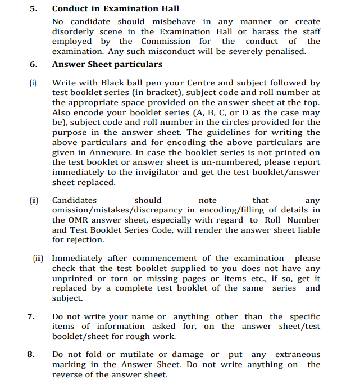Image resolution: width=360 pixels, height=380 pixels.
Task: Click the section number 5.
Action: pyautogui.click(x=34, y=8)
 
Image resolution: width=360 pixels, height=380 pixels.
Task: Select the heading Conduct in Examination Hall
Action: pyautogui.click(x=116, y=8)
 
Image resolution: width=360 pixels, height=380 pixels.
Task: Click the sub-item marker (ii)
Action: pyautogui.click(x=33, y=200)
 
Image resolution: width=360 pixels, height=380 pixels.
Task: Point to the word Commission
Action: pyautogui.click(x=166, y=41)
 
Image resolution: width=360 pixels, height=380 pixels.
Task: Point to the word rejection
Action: pyautogui.click(x=85, y=240)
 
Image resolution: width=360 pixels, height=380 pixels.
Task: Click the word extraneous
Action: pyautogui.click(x=298, y=355)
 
